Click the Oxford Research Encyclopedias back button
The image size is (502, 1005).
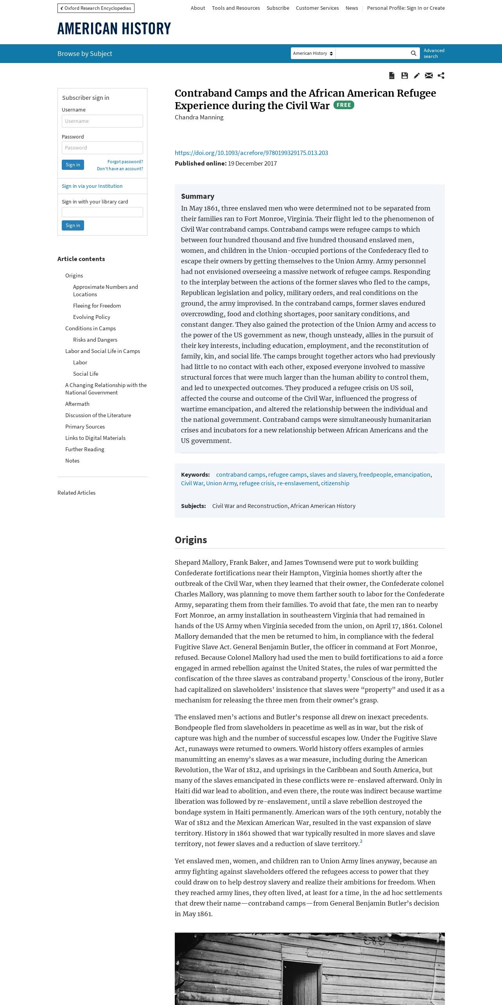click(x=96, y=8)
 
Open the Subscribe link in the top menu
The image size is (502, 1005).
click(x=278, y=8)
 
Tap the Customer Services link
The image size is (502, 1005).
click(x=317, y=8)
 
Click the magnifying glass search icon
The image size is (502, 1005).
click(x=413, y=53)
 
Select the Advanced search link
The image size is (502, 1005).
click(x=434, y=53)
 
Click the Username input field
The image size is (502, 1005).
click(x=102, y=121)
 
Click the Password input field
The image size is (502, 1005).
click(x=102, y=148)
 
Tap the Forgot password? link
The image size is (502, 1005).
click(x=125, y=162)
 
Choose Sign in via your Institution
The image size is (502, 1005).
click(x=92, y=186)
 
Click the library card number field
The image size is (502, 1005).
click(x=102, y=212)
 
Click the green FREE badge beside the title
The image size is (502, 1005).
click(x=344, y=105)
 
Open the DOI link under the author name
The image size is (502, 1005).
click(x=251, y=153)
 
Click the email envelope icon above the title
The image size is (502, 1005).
click(x=429, y=76)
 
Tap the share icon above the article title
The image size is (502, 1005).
click(x=441, y=76)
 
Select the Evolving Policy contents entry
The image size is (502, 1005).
click(x=91, y=317)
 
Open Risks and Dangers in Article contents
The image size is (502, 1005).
click(x=95, y=340)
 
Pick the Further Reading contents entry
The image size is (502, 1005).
click(x=84, y=449)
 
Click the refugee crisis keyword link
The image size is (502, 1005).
click(x=256, y=483)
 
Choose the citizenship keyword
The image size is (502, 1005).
click(x=335, y=483)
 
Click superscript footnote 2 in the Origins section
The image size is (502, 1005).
click(x=361, y=841)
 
